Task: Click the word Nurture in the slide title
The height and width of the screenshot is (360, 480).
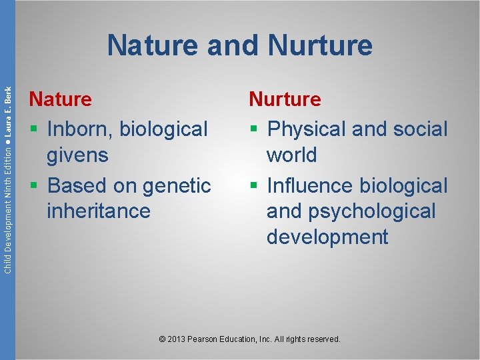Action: tap(320, 46)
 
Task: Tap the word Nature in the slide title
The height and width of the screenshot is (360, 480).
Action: tap(153, 46)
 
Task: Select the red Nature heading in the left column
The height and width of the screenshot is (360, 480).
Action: tap(60, 99)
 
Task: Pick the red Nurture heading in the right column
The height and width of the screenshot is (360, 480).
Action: tap(285, 99)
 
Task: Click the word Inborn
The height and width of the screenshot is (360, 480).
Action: tap(79, 128)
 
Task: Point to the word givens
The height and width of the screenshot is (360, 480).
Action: tap(77, 155)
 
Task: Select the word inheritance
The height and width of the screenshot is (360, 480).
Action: tap(98, 211)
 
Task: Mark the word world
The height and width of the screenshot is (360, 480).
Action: tap(291, 155)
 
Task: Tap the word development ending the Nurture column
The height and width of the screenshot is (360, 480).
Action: tap(327, 237)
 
